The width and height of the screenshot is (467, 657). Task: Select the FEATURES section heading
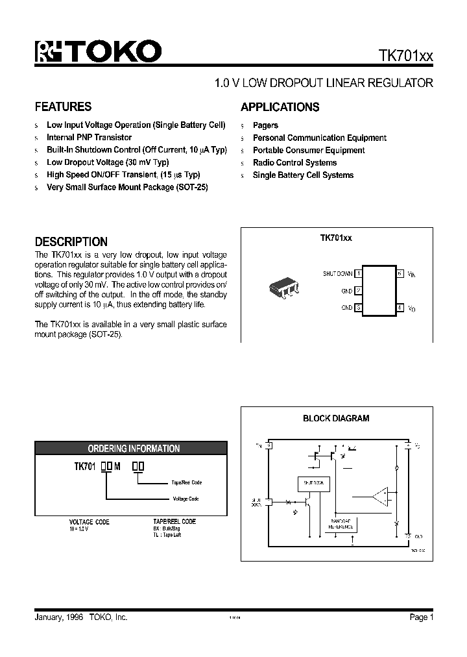(x=63, y=107)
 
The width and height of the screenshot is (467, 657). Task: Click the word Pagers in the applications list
(x=265, y=125)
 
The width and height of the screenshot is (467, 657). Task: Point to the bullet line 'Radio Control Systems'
(x=294, y=163)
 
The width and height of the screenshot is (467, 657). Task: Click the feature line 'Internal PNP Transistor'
(x=89, y=138)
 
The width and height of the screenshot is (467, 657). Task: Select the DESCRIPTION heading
(x=71, y=242)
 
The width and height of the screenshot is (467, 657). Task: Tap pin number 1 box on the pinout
(x=358, y=274)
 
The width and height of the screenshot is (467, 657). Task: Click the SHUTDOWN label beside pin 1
(x=337, y=274)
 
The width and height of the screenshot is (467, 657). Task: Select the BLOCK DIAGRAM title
(x=336, y=419)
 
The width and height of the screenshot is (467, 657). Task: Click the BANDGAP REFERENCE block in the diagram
(x=341, y=524)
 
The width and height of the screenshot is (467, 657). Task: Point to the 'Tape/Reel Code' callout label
(x=186, y=482)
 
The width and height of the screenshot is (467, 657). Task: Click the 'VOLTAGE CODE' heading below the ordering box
(x=90, y=522)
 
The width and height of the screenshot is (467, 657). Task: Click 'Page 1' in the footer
(x=419, y=617)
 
